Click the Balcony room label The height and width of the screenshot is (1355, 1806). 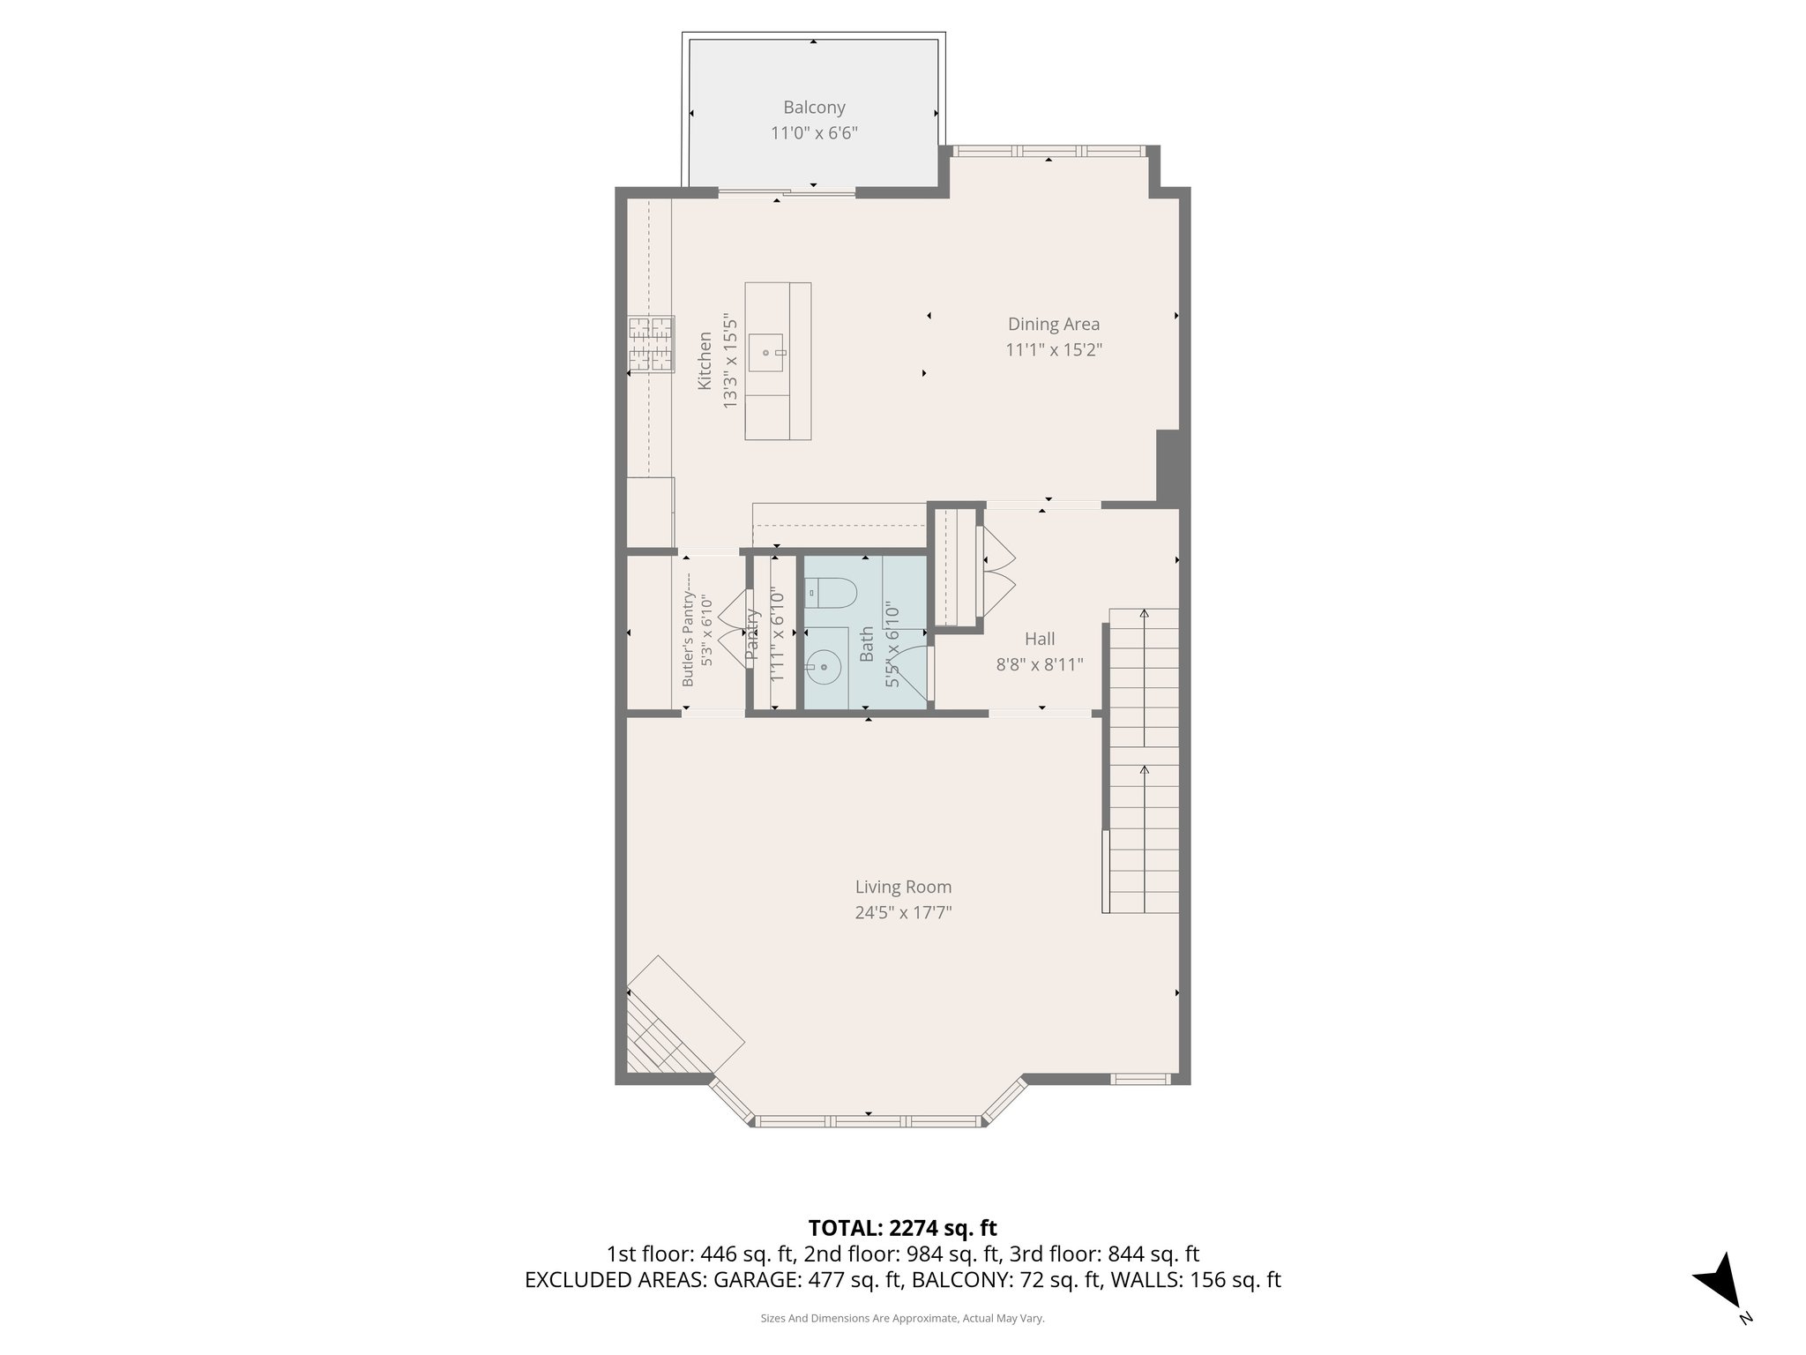click(814, 108)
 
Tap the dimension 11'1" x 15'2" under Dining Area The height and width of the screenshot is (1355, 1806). click(1054, 350)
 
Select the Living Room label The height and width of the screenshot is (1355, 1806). click(903, 887)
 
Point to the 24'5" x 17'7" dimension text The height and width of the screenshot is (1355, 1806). click(903, 912)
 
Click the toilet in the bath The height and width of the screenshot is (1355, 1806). click(830, 592)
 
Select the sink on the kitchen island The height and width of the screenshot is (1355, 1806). click(767, 353)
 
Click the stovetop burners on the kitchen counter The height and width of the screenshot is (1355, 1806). click(651, 343)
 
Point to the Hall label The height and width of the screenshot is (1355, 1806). click(1040, 639)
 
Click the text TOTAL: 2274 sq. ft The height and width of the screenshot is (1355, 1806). click(902, 1228)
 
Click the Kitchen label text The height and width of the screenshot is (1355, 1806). click(705, 360)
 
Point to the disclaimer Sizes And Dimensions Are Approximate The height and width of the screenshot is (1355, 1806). click(902, 1318)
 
